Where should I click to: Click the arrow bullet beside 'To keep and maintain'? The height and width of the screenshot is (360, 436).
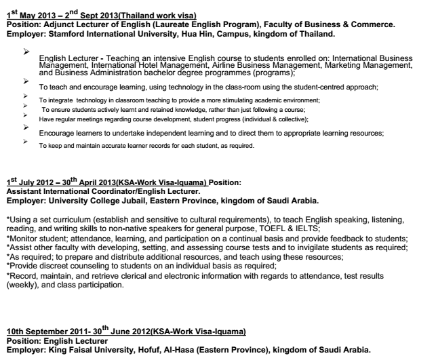(x=26, y=142)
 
